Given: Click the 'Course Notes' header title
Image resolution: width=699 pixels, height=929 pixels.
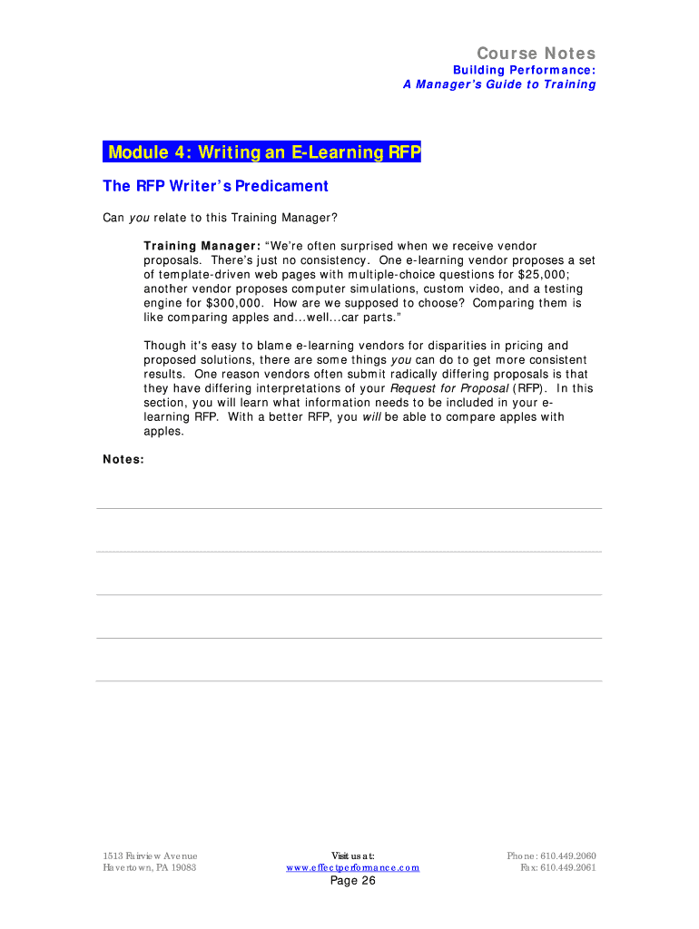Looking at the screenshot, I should click(x=537, y=54).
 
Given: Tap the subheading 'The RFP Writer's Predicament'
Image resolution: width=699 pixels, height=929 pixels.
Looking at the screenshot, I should click(x=215, y=186).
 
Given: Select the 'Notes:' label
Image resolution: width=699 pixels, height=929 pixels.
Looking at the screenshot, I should click(x=123, y=459).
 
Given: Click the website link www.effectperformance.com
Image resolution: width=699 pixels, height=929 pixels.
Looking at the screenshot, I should click(x=352, y=867).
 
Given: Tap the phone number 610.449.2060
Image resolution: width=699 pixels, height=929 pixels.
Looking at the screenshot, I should click(x=568, y=856).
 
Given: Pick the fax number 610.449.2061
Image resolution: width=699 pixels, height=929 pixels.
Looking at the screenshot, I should click(x=568, y=867).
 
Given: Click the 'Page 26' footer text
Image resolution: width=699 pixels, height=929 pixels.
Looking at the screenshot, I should click(x=352, y=881).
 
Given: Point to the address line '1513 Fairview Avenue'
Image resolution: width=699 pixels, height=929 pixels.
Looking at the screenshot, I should click(x=150, y=856).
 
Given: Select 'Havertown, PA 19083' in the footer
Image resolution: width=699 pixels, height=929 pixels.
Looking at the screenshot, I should click(x=149, y=867).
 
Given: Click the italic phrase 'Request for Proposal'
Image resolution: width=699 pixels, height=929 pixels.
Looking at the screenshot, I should click(x=448, y=388).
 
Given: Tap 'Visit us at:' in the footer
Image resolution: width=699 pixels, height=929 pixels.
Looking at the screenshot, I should click(x=352, y=856).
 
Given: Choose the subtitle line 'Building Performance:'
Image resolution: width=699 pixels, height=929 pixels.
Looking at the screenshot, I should click(x=525, y=70).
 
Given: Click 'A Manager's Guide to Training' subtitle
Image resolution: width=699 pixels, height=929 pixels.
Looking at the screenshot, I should click(x=499, y=84).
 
